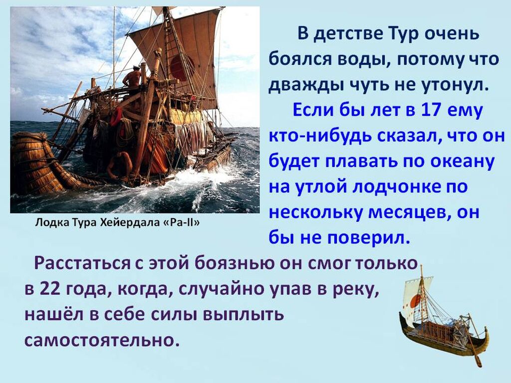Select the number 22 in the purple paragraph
click(x=50, y=289)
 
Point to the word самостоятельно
click(x=102, y=341)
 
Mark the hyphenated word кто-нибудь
click(x=320, y=136)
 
